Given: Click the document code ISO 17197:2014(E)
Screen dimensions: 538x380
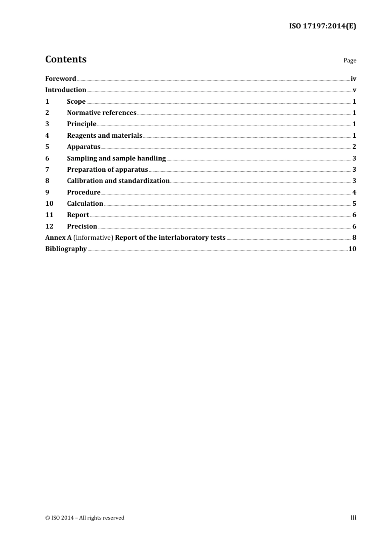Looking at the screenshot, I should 322,26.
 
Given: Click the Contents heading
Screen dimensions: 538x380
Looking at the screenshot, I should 66,59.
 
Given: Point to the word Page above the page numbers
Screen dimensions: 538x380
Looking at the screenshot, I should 350,60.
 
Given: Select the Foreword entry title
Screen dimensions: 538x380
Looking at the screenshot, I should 60,78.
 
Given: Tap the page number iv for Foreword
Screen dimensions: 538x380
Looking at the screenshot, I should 353,78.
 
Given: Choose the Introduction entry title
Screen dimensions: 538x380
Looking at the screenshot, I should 66,90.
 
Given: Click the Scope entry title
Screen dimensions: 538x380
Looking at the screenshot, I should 76,101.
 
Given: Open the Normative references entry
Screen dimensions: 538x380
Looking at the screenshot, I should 102,112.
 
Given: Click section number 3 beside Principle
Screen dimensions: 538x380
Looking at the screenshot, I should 47,124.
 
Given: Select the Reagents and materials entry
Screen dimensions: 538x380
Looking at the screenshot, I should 104,135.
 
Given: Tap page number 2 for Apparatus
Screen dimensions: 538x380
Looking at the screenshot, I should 354,147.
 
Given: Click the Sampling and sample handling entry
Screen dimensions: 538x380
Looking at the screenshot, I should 116,158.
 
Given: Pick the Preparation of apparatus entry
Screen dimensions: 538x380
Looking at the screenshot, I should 107,169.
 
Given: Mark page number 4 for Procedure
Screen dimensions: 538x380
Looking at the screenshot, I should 354,192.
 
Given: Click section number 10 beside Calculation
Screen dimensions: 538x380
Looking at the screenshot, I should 49,203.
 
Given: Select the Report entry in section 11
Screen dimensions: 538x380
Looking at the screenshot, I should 78,215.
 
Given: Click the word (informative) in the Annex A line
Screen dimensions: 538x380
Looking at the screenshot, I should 93,237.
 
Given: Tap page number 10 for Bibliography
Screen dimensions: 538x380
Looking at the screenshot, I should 352,249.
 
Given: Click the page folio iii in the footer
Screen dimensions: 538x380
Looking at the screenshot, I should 353,518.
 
